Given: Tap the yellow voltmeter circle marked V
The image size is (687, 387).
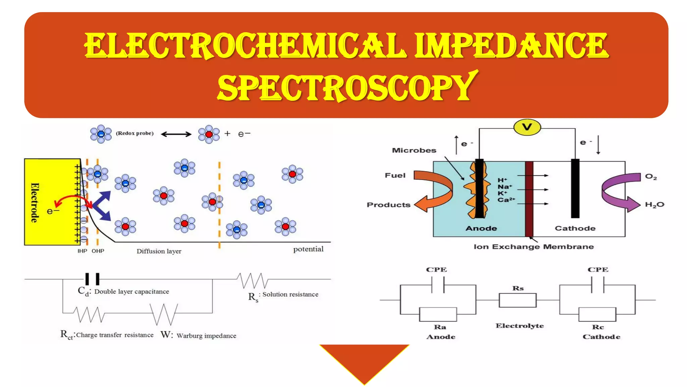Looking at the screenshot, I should point(527,127).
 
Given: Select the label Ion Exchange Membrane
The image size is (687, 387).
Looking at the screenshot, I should point(533,247).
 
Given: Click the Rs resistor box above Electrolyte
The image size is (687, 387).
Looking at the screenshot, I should point(518,300).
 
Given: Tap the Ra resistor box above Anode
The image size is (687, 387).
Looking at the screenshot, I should point(438,314).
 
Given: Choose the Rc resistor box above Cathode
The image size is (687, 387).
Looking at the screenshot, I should point(597,314).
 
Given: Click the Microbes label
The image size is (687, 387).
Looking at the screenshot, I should point(414,150).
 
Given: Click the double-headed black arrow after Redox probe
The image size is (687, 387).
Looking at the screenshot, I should point(176,134).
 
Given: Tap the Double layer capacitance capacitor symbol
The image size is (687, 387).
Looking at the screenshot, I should point(92,279).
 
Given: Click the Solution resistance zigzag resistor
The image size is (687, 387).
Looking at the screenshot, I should point(252,280).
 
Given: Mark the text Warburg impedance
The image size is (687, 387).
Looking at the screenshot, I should point(206,336).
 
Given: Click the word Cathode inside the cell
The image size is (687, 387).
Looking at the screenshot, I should point(575,228).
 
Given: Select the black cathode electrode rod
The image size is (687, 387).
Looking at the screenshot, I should point(575,188).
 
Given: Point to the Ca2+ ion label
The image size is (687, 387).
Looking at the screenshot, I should point(506,200).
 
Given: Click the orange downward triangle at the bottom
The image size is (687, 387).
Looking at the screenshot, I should point(364,361).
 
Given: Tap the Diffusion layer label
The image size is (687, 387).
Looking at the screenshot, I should point(159,251).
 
